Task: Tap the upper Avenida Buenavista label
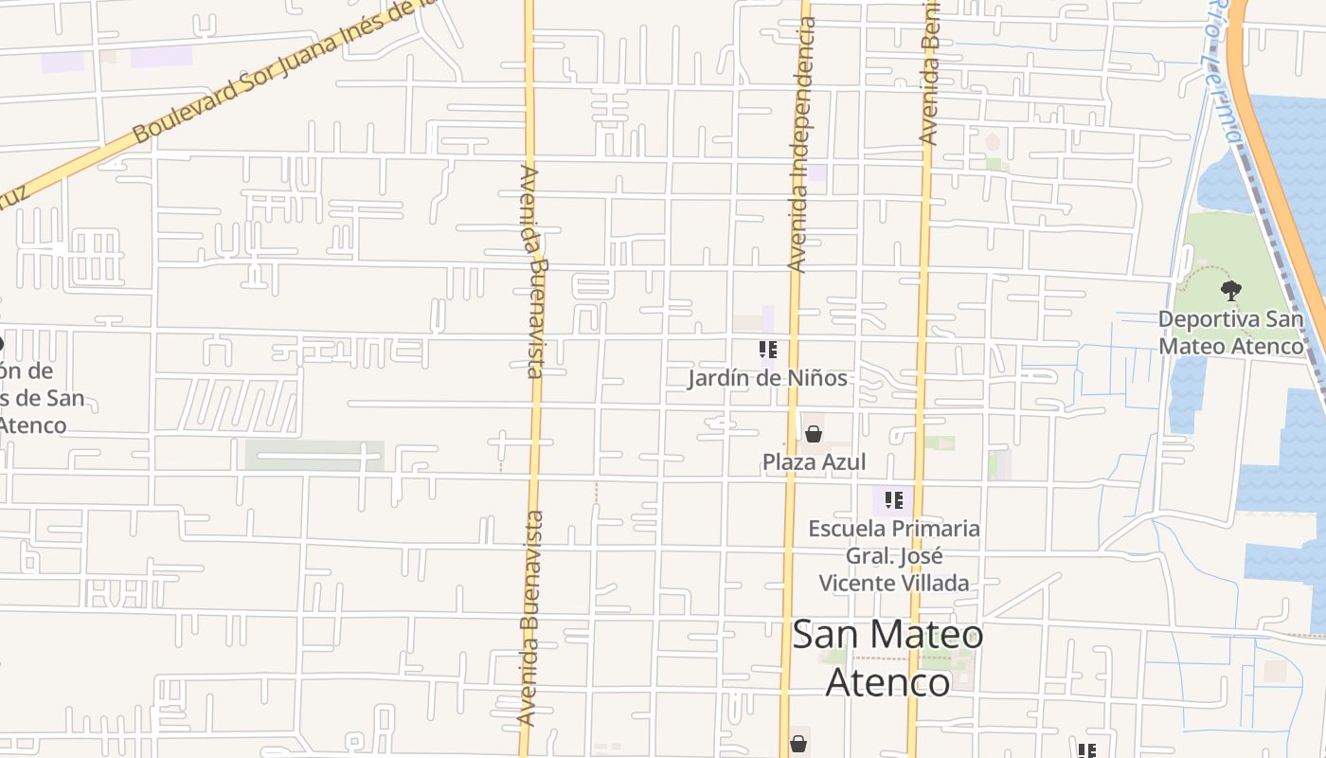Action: click(x=533, y=271)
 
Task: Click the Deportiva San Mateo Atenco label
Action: click(x=1230, y=332)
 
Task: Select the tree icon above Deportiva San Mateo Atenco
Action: click(x=1230, y=291)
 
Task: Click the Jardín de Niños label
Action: click(x=767, y=378)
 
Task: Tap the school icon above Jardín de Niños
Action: click(x=768, y=351)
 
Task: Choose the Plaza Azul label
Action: click(x=814, y=462)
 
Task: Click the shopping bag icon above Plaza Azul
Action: click(x=813, y=434)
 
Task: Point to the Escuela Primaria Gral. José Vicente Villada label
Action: click(x=893, y=555)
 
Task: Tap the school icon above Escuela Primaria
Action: click(x=893, y=499)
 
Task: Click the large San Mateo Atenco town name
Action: click(x=887, y=658)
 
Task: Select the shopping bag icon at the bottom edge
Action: click(x=798, y=744)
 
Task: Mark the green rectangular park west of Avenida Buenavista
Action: click(x=314, y=456)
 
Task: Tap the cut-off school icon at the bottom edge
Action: click(x=1086, y=750)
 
